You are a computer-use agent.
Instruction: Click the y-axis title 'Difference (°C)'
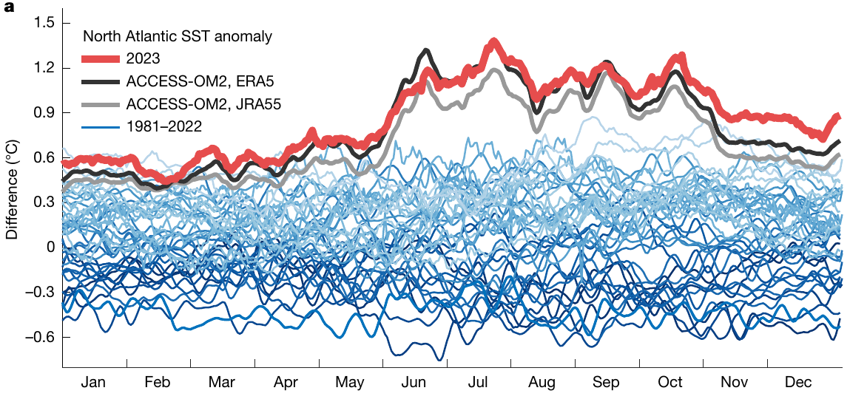point(12,195)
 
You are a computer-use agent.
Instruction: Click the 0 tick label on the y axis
point(50,248)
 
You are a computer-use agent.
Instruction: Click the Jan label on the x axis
point(93,383)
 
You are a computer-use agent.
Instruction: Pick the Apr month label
point(286,383)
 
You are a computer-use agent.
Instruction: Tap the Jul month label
point(479,383)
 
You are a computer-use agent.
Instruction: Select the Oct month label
point(670,383)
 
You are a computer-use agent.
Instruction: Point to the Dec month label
point(798,383)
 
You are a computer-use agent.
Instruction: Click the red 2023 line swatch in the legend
point(101,58)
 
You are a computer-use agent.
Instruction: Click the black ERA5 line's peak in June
point(426,50)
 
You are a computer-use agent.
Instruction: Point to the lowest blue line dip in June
point(441,359)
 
